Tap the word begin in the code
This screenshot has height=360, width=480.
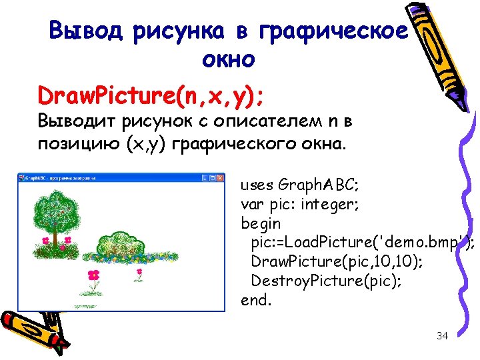261,223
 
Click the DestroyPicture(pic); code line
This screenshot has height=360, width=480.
326,280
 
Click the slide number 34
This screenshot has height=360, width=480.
442,336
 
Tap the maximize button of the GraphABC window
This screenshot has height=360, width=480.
212,178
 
